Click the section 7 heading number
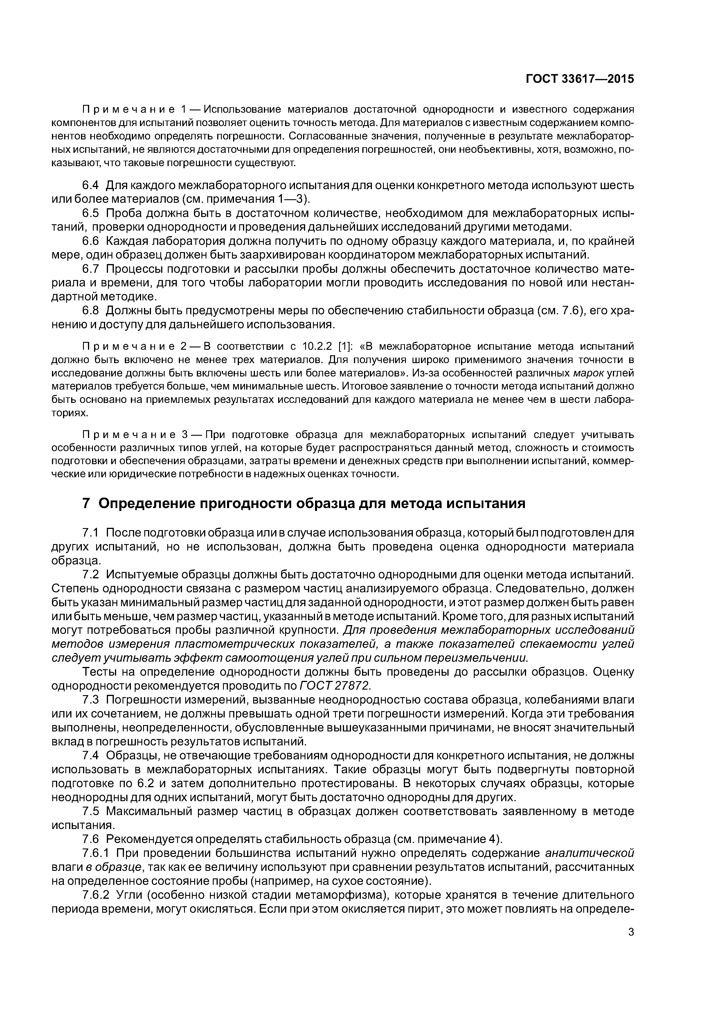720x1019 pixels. [x=87, y=504]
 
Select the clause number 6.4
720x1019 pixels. [x=91, y=185]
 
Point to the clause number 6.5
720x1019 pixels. [x=91, y=213]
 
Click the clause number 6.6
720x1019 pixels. [x=91, y=241]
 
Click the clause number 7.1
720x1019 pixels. [x=91, y=532]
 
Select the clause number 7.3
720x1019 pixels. [x=91, y=700]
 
